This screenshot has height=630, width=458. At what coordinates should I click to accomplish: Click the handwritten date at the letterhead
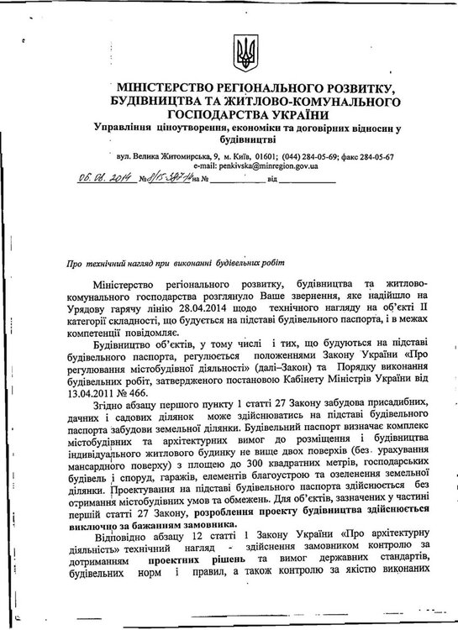click(x=106, y=178)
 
